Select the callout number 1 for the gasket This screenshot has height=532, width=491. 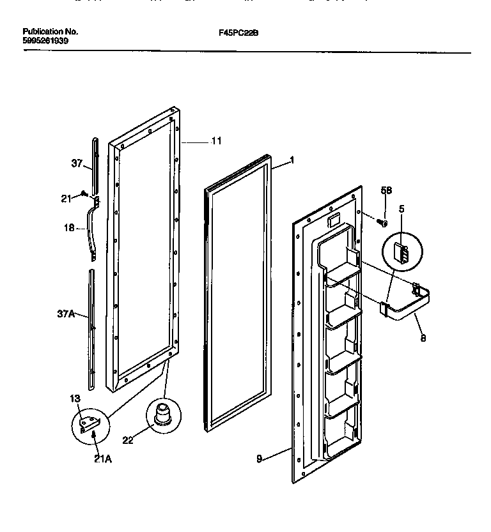coord(292,161)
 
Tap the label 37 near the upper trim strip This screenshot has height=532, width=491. coord(77,164)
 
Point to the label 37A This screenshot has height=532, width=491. coord(67,314)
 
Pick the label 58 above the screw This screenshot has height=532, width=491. coord(386,190)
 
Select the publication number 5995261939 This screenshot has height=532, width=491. coord(45,40)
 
